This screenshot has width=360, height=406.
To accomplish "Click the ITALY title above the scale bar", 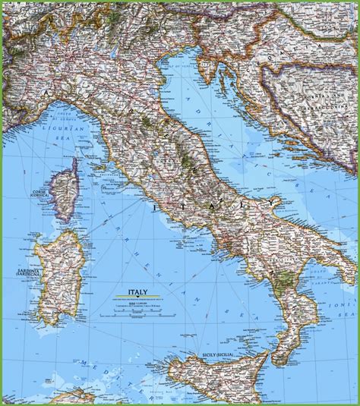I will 138,291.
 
